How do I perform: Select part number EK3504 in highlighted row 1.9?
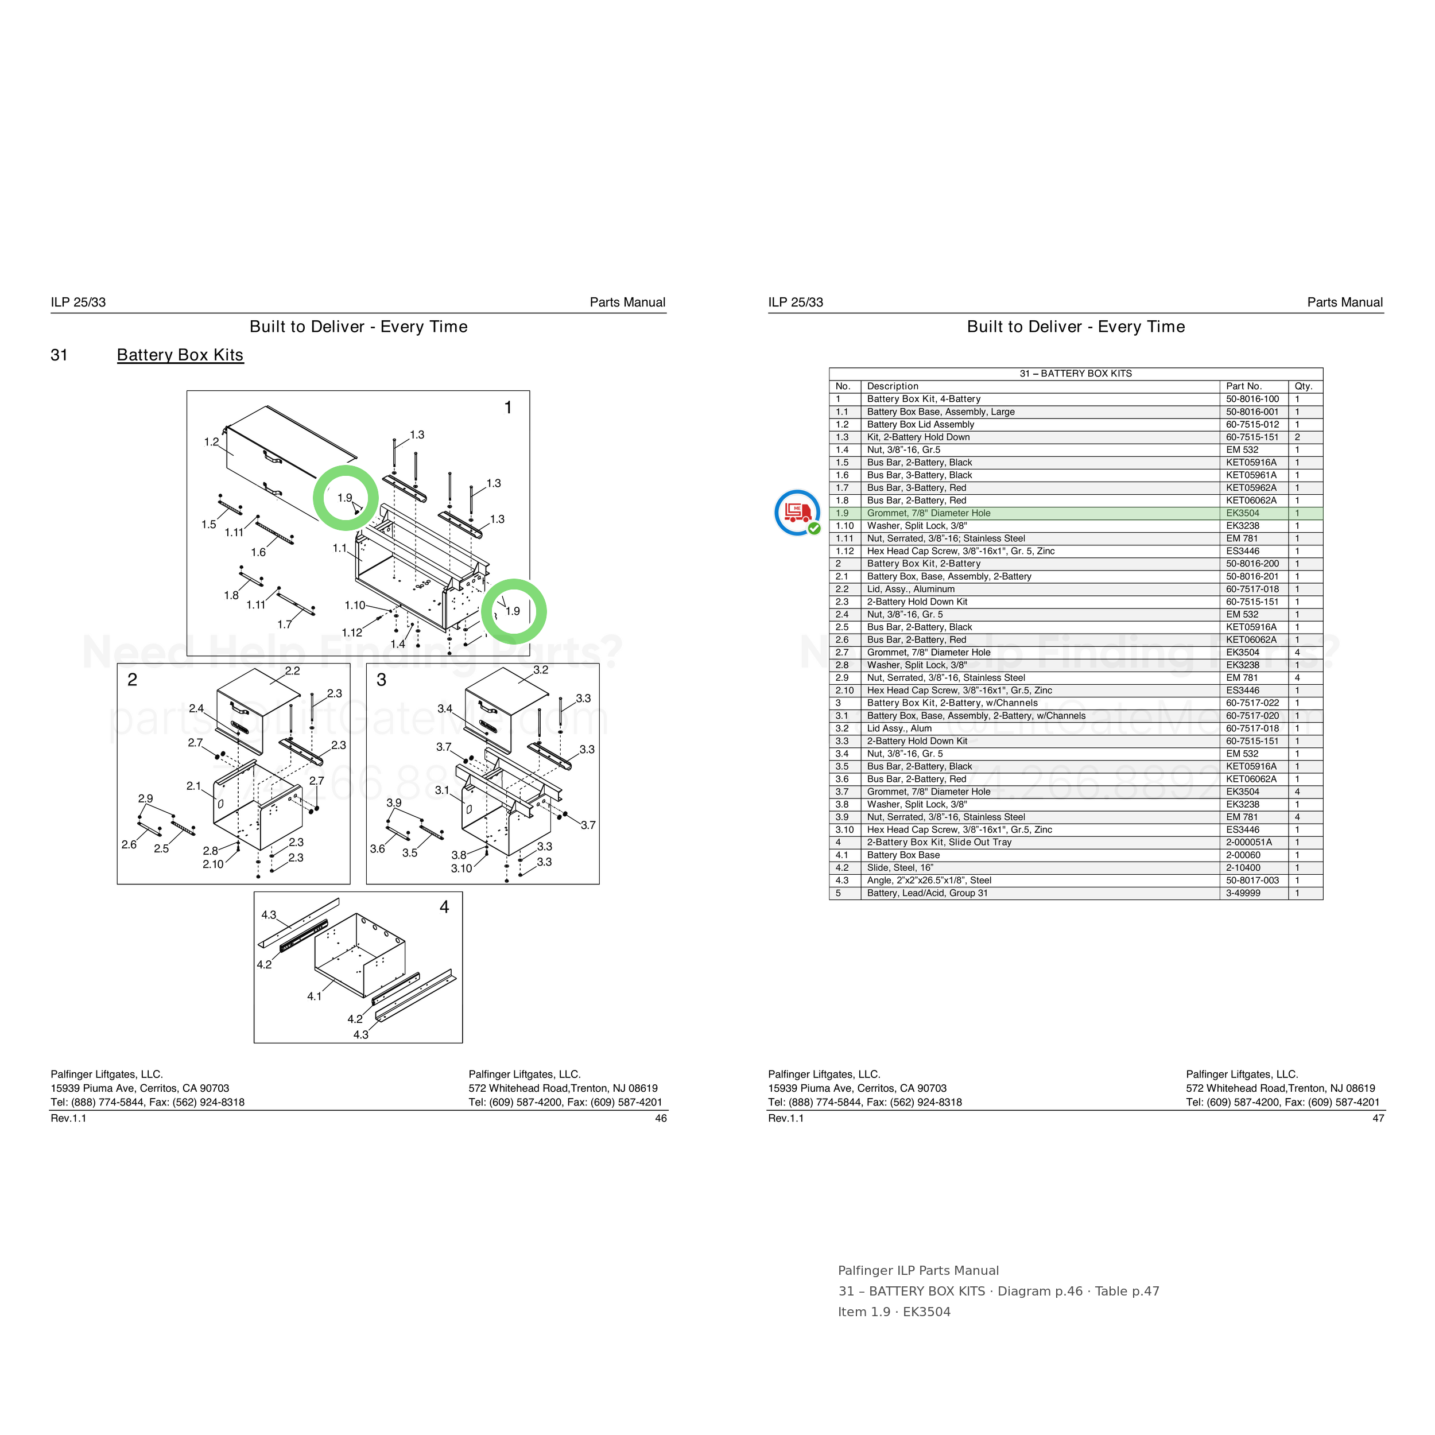click(x=1243, y=513)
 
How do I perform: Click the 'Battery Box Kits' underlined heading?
click(x=180, y=355)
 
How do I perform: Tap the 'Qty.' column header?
click(x=1304, y=386)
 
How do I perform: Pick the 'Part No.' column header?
click(x=1244, y=386)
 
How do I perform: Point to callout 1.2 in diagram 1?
click(x=212, y=442)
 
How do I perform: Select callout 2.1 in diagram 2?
click(x=194, y=786)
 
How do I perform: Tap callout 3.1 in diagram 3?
click(x=442, y=790)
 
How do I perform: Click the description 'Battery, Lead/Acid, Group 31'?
click(x=927, y=893)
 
